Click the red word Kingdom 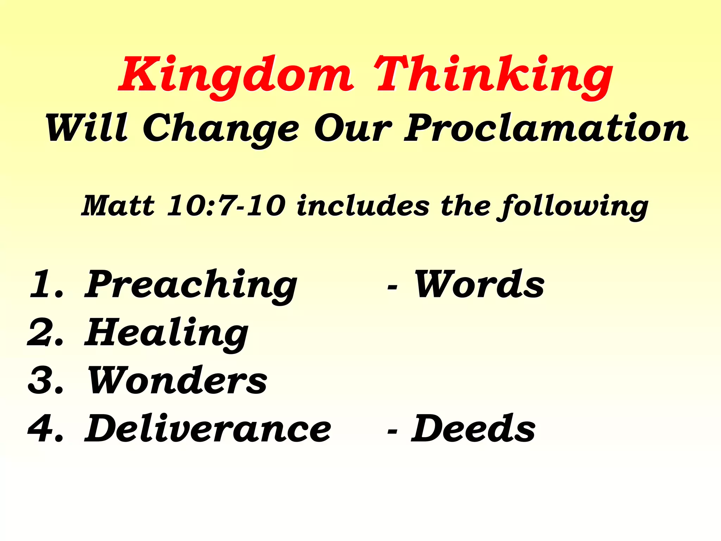coord(236,76)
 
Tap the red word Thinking coord(493,76)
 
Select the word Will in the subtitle coord(87,129)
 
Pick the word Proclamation coord(546,129)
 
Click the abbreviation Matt coord(118,206)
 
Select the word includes coord(363,206)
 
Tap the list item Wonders coord(177,380)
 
